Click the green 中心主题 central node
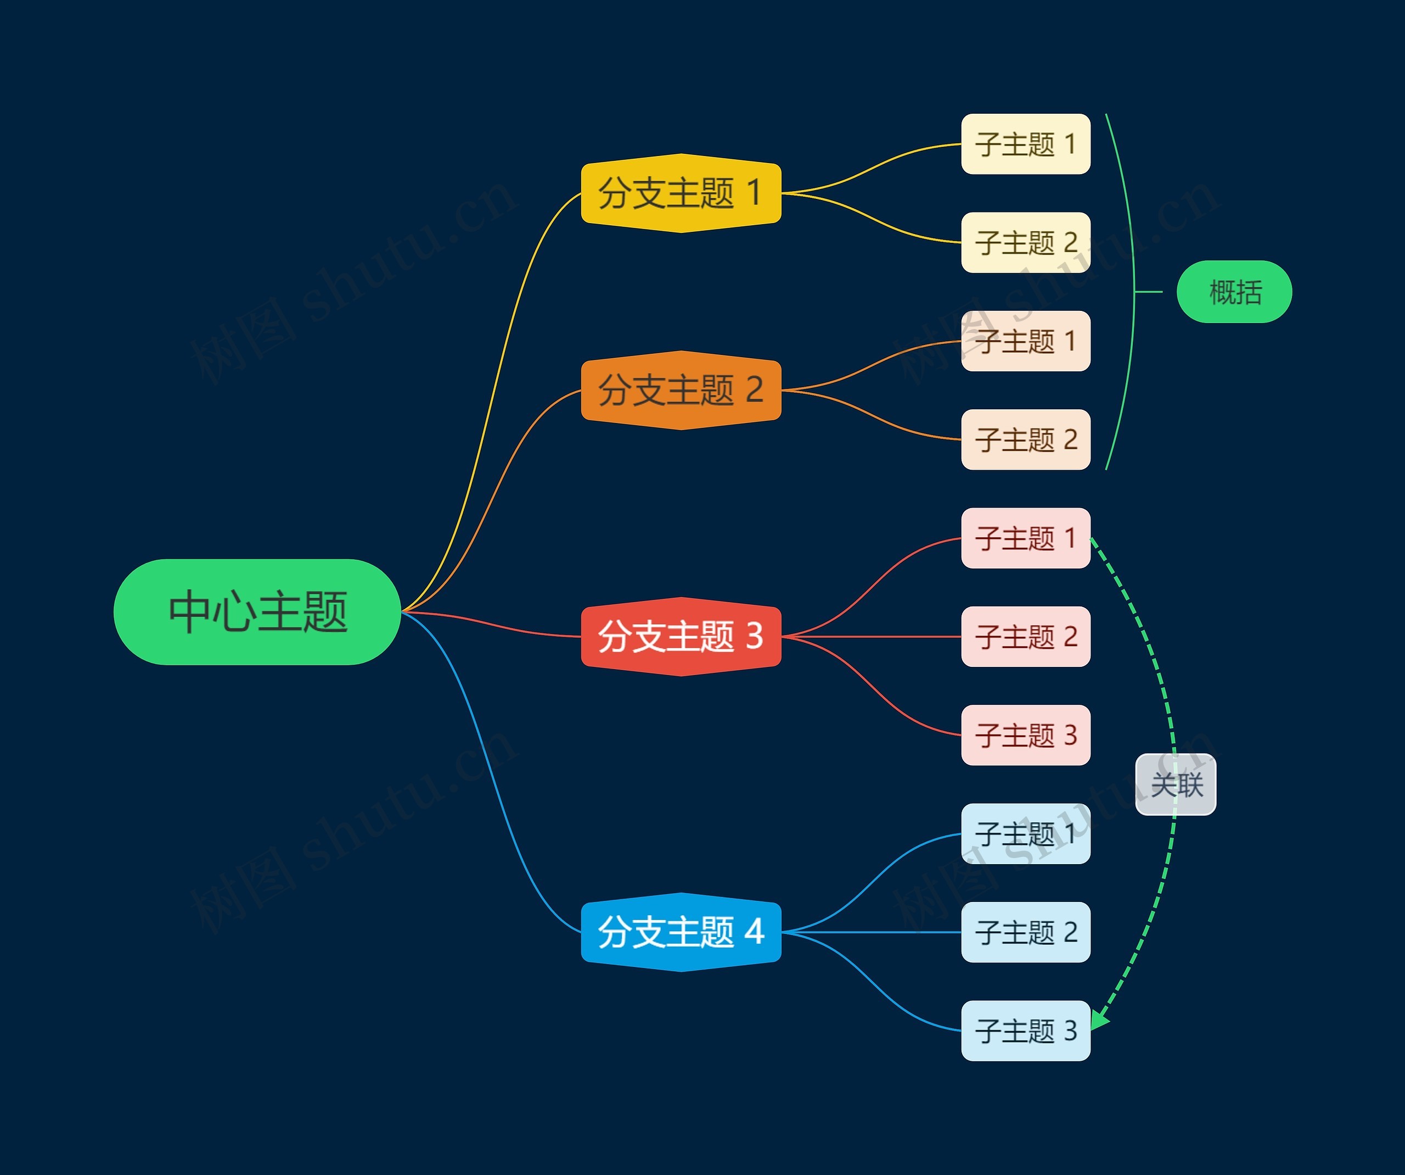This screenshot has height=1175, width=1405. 257,612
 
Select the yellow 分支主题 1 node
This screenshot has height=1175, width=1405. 681,193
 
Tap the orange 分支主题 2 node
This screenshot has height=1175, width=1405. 681,389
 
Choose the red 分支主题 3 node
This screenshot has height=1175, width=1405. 681,636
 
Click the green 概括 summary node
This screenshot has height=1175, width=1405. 1234,292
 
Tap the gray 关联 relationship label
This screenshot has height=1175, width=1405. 1176,784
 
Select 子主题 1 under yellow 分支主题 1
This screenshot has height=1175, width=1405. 1025,144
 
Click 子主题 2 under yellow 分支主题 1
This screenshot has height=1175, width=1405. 1025,242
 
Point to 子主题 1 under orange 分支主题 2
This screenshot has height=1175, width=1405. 1025,341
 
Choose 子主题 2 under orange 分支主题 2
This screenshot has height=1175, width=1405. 1025,439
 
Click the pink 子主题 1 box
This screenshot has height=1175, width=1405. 1025,538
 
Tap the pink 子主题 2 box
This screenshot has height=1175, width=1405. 1025,636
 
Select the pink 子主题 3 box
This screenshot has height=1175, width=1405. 1025,734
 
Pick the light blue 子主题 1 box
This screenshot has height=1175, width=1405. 1025,833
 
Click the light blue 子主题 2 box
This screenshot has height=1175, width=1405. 1025,932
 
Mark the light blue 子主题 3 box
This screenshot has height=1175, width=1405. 1025,1031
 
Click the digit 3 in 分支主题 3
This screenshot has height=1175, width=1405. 755,636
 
